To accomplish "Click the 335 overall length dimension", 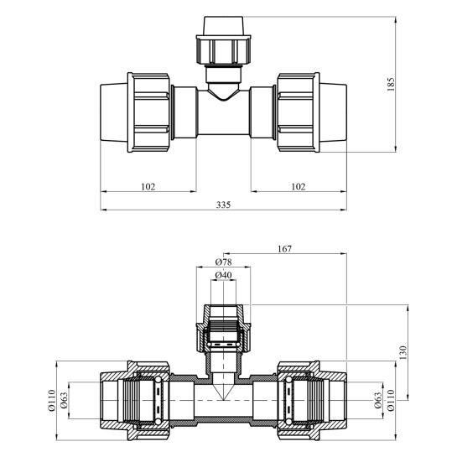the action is click(x=223, y=205).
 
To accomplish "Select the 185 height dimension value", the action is click(x=391, y=84).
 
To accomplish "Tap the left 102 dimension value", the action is click(x=148, y=186).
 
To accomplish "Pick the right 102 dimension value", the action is click(x=299, y=186).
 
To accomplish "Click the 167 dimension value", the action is click(x=284, y=248).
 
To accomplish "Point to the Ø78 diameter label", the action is click(x=224, y=262).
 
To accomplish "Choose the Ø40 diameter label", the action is click(x=224, y=275).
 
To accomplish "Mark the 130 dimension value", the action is click(x=402, y=353).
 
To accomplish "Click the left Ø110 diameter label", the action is click(x=52, y=400).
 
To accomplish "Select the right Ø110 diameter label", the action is click(x=391, y=400).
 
